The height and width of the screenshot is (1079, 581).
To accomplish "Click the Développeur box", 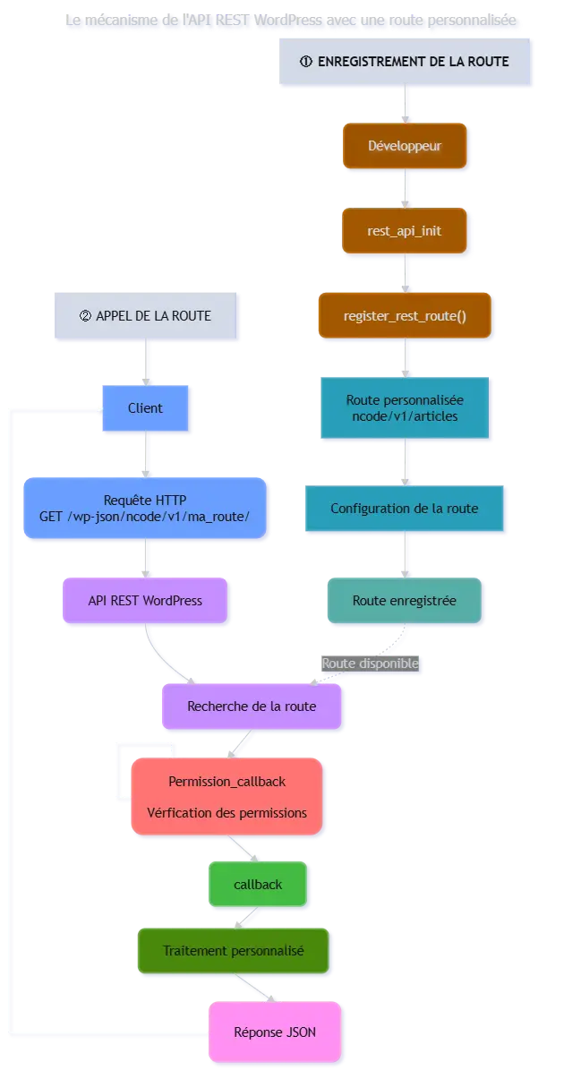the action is click(405, 145).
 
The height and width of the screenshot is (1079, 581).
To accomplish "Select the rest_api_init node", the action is click(405, 231).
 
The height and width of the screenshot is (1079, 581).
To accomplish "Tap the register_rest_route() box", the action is click(405, 315).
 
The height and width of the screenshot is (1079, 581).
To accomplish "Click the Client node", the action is click(145, 408).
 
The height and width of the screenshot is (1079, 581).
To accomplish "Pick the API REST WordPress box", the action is click(145, 600).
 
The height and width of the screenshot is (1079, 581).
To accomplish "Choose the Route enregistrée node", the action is click(405, 600).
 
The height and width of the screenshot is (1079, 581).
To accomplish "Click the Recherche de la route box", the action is click(252, 706).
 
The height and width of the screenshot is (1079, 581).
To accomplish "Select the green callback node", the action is click(258, 885).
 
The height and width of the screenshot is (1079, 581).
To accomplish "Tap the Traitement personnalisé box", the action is click(233, 951).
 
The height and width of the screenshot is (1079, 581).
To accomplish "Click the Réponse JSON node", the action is click(275, 1032).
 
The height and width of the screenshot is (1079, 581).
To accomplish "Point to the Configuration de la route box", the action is click(405, 509).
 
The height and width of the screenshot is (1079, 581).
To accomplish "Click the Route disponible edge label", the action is click(370, 664).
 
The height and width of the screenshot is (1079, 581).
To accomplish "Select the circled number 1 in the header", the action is click(306, 62).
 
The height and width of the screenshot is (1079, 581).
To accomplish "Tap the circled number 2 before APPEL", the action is click(85, 316).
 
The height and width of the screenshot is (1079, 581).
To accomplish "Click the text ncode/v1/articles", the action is click(405, 416).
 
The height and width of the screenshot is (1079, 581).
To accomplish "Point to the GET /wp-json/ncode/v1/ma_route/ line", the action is click(144, 517).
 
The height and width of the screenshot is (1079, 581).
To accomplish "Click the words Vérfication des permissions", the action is click(226, 813).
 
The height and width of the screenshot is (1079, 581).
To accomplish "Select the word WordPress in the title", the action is click(288, 21).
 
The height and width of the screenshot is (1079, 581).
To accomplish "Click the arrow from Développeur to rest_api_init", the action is click(405, 188).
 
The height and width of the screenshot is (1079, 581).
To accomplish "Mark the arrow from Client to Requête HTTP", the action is click(146, 454).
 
